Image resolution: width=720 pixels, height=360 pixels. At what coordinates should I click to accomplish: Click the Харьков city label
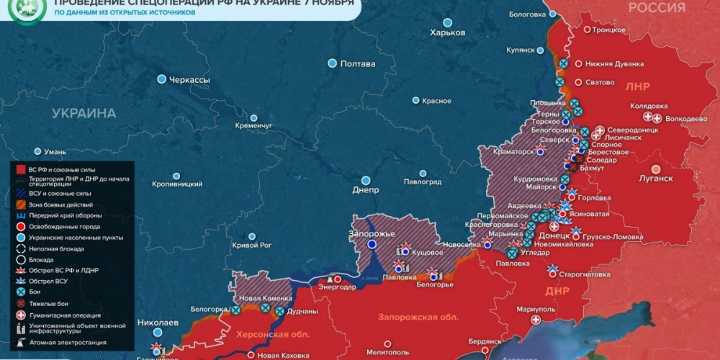[448, 33]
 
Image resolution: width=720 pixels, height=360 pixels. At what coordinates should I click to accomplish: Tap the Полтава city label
[358, 64]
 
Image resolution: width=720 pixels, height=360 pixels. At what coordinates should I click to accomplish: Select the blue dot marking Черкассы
[162, 79]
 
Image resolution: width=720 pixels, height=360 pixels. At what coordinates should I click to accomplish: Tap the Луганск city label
[655, 178]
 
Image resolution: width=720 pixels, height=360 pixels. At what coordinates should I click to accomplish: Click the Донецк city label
[554, 235]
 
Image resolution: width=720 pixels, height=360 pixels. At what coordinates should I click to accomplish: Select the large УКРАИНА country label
[84, 114]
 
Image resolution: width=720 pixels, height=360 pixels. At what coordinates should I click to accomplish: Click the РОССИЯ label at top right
[656, 8]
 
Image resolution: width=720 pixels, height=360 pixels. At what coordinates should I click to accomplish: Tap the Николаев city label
[156, 323]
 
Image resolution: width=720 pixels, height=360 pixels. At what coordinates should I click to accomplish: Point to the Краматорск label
[513, 152]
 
